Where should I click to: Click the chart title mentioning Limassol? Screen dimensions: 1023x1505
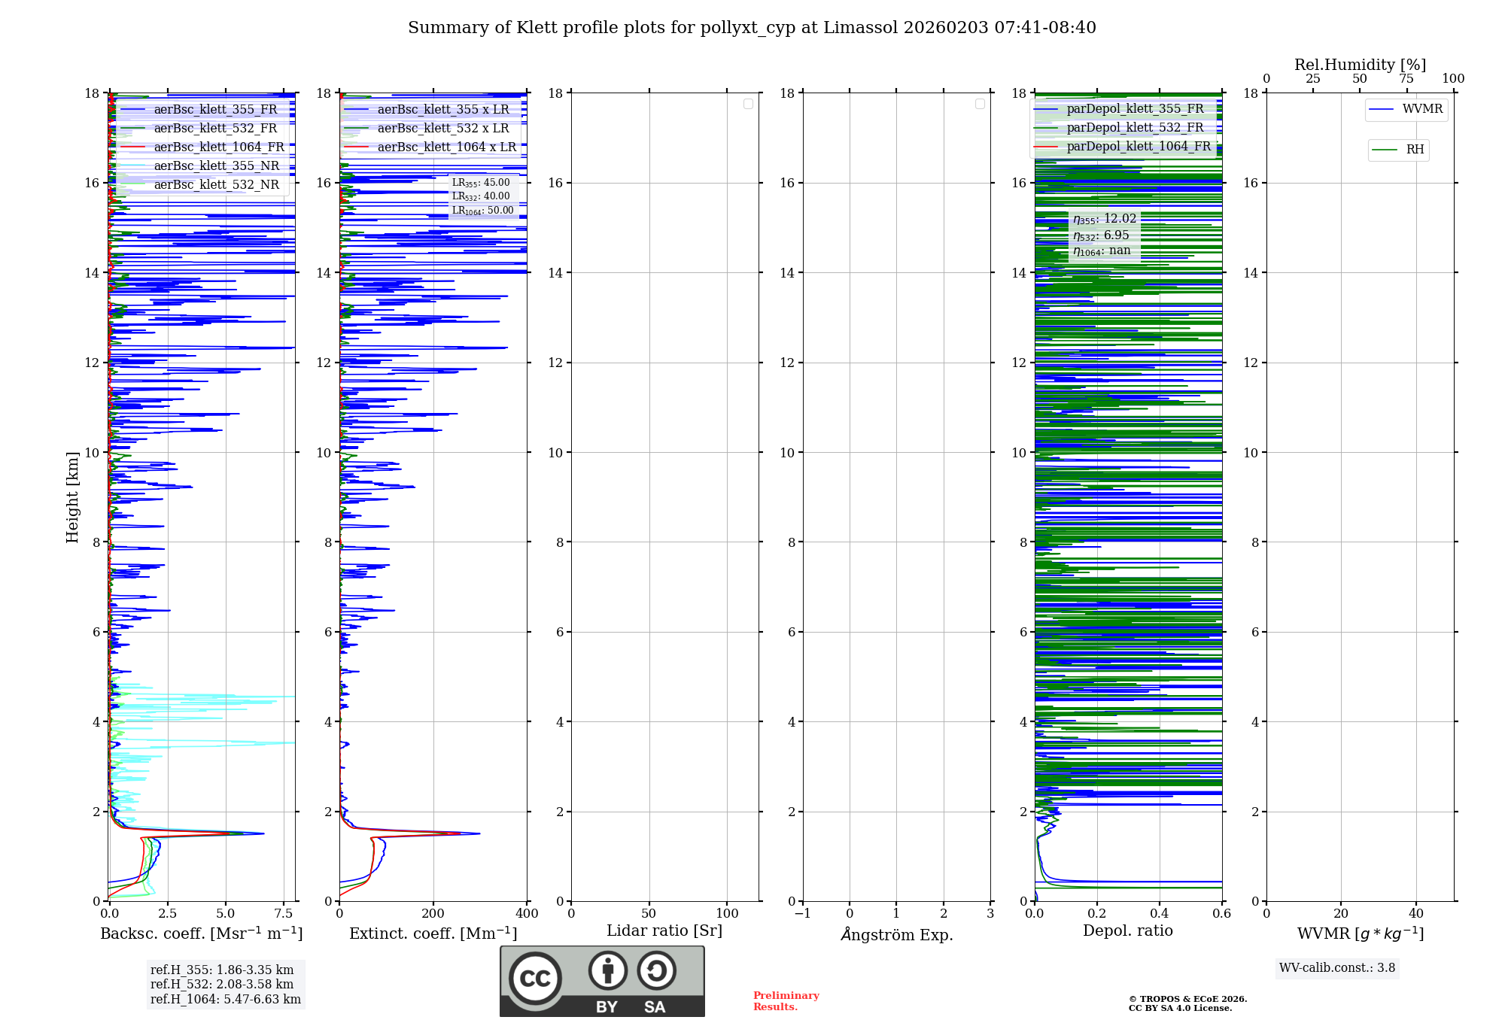click(752, 28)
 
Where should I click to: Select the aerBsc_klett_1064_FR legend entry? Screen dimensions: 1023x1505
click(218, 147)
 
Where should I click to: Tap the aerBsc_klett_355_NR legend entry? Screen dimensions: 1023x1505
click(216, 165)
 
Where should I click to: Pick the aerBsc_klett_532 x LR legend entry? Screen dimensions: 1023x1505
click(442, 128)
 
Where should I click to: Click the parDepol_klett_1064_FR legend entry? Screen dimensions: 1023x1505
click(1138, 146)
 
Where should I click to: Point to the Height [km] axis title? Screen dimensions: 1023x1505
click(72, 497)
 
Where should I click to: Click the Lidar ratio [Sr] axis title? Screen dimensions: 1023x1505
click(664, 930)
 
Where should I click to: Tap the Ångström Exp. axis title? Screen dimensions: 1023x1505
click(896, 934)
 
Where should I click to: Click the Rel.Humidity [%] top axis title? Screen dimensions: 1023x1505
click(1360, 65)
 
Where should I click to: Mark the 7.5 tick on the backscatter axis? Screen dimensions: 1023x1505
click(284, 914)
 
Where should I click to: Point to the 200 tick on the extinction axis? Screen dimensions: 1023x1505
click(433, 914)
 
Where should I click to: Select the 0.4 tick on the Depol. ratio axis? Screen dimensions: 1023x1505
click(1160, 914)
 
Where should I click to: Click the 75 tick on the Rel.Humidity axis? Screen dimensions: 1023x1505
click(1406, 79)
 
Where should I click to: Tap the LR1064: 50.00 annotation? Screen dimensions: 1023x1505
click(482, 211)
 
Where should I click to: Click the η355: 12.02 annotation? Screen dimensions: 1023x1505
click(1104, 219)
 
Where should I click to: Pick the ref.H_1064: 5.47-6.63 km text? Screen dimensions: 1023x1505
click(226, 999)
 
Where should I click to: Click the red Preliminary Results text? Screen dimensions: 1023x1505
click(786, 1001)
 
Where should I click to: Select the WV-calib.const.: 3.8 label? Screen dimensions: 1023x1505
click(1337, 968)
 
